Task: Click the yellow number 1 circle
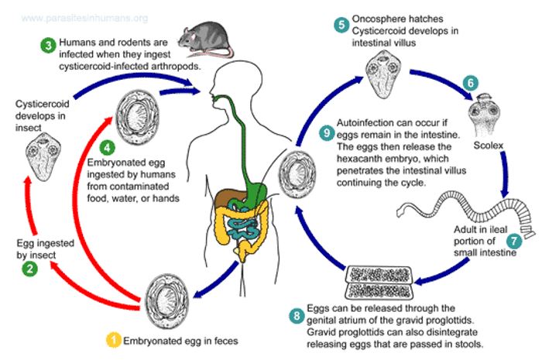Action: click(114, 339)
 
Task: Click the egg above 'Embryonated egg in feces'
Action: click(166, 297)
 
